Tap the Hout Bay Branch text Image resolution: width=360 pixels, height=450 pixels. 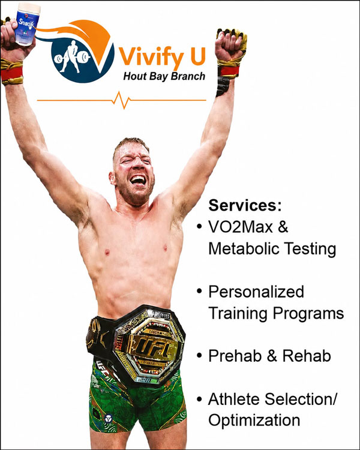click(164, 77)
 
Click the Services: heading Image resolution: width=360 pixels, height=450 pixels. click(245, 205)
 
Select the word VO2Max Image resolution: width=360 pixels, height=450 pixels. click(241, 227)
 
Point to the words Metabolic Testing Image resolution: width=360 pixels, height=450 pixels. click(272, 248)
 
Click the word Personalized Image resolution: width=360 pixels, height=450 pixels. click(256, 292)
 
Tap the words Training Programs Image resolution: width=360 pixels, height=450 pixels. click(276, 313)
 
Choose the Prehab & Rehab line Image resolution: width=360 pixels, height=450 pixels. click(269, 356)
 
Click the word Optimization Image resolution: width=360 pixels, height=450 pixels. click(254, 421)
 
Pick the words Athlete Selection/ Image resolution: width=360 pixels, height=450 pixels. click(273, 399)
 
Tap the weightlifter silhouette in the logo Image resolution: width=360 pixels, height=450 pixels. click(73, 56)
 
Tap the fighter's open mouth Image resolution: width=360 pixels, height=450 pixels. click(139, 180)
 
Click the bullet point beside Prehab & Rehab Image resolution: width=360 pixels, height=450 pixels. click(200, 356)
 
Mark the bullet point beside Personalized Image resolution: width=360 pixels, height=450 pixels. click(200, 291)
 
